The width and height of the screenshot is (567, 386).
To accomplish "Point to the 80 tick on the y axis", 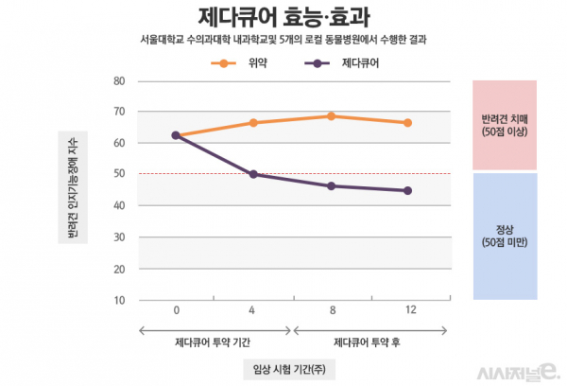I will pyautogui.click(x=119, y=80).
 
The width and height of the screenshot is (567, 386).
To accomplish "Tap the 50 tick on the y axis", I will pyautogui.click(x=119, y=174).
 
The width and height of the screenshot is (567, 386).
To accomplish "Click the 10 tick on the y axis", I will pyautogui.click(x=119, y=300).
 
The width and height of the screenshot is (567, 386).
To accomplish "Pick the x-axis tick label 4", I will pyautogui.click(x=253, y=310).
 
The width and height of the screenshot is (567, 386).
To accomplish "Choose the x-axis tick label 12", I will pyautogui.click(x=407, y=310).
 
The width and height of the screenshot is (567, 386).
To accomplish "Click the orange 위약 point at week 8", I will pyautogui.click(x=331, y=116).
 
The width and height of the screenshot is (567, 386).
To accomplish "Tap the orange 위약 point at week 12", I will pyautogui.click(x=407, y=123).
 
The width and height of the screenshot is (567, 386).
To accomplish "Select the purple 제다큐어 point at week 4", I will pyautogui.click(x=253, y=174).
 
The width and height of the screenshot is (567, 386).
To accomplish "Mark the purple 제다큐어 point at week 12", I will pyautogui.click(x=407, y=190).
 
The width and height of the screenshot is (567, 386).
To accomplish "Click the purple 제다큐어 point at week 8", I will pyautogui.click(x=331, y=185).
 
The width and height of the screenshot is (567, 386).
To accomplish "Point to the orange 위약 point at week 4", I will pyautogui.click(x=253, y=123).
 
